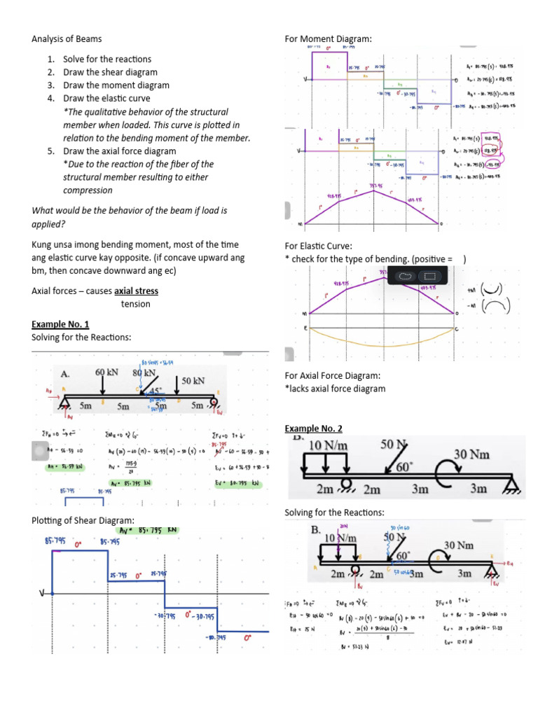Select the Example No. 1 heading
pos(60,324)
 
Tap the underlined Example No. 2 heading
pos(313,428)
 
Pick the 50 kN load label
pos(195,380)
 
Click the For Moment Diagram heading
pos(328,39)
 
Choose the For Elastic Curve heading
pos(318,246)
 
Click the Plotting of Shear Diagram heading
pos(83,520)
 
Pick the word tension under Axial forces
pos(135,304)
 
